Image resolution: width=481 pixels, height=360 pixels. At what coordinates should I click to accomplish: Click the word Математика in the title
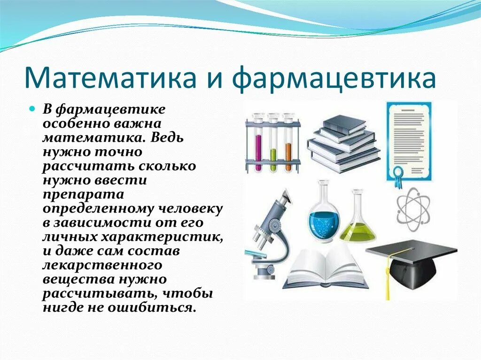click(x=110, y=77)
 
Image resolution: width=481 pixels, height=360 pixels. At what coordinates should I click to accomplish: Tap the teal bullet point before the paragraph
click(x=32, y=109)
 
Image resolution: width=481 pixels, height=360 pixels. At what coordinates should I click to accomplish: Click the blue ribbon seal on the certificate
click(x=399, y=176)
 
